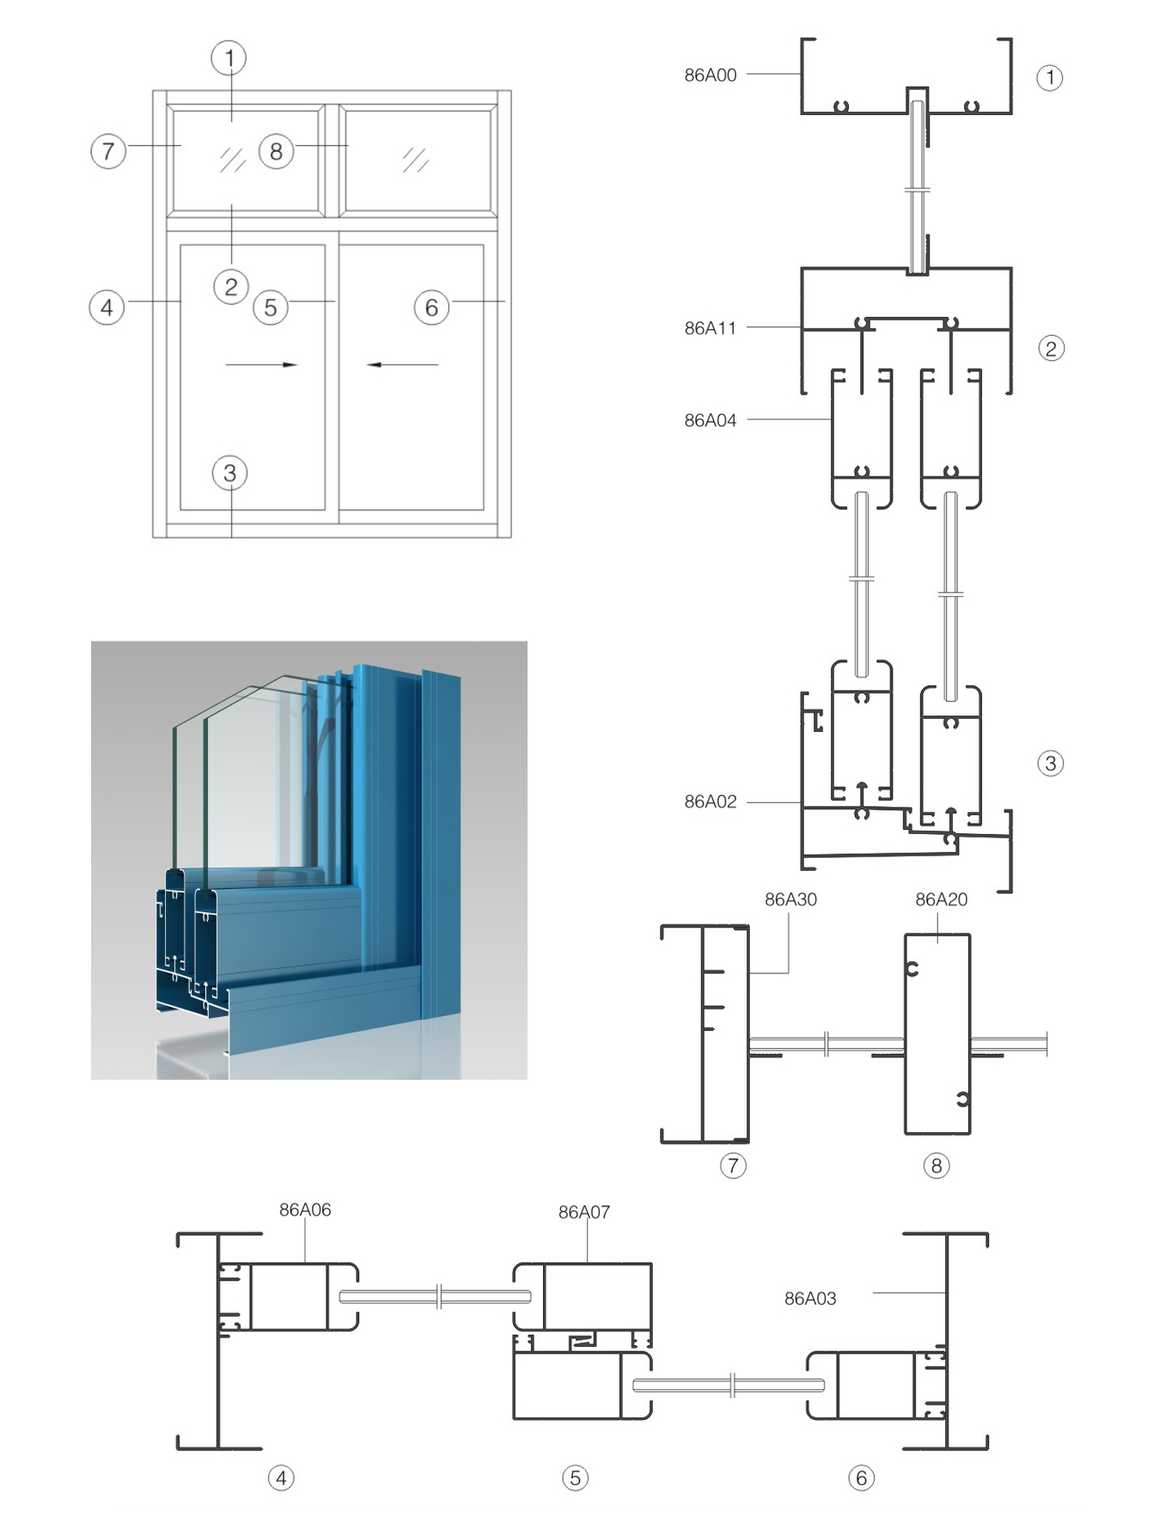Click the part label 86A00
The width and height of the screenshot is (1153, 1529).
(x=710, y=75)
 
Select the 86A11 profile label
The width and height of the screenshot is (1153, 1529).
(x=710, y=327)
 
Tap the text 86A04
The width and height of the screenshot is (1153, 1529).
(x=710, y=420)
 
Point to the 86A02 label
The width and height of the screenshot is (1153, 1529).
(x=710, y=801)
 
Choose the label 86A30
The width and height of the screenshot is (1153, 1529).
(x=790, y=899)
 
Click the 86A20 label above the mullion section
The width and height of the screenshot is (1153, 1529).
(x=941, y=899)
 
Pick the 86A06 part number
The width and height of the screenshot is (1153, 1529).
(x=305, y=1209)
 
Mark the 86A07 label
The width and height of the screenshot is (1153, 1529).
(x=584, y=1212)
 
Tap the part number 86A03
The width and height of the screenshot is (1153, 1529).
(x=810, y=1298)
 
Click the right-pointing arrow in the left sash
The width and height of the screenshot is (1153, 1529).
(x=261, y=364)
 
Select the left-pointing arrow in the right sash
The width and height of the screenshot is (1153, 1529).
(x=402, y=364)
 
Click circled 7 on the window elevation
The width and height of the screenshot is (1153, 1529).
(x=108, y=151)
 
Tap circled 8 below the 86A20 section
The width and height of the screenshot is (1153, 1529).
(x=936, y=1166)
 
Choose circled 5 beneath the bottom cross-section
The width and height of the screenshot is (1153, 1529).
(x=575, y=1477)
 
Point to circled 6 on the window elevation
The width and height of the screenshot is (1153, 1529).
(x=431, y=307)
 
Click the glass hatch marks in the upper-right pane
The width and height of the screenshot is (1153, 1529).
(x=416, y=159)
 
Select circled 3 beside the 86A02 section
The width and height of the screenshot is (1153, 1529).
(x=1050, y=763)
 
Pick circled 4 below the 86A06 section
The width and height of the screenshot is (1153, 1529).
(x=281, y=1477)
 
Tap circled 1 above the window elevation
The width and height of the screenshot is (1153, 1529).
(x=229, y=58)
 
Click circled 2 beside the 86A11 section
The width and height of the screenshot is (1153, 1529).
(x=1051, y=348)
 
